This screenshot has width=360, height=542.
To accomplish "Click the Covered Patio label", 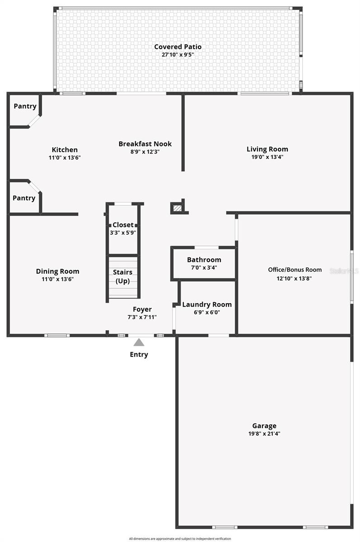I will [x=178, y=47].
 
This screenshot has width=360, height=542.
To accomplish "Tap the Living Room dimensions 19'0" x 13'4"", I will [x=267, y=157].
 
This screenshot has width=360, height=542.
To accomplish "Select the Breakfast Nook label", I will [x=145, y=144].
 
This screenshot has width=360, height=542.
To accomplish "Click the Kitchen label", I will [x=65, y=150].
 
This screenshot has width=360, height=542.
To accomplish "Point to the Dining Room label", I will [x=57, y=271].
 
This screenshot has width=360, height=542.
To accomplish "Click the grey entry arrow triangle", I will [x=139, y=343].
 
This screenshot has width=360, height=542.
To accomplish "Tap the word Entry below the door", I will [x=139, y=354].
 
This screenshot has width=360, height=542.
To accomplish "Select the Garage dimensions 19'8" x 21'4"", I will [x=264, y=434].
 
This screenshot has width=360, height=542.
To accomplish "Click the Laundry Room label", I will [x=207, y=304].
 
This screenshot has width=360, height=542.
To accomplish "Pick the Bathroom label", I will [x=204, y=260].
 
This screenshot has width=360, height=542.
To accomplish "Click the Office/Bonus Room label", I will [x=295, y=270].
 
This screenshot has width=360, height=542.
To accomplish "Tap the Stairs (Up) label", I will [x=123, y=276].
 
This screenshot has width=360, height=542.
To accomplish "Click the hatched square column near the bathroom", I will [x=178, y=208].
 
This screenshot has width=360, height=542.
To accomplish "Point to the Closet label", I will [x=123, y=225].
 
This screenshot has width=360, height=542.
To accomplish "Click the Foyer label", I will [x=142, y=309].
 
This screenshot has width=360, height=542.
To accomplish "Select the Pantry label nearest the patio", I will [x=25, y=106].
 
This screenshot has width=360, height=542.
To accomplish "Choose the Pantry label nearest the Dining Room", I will [x=24, y=198].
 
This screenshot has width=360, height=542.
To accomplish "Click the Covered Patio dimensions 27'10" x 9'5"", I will [x=178, y=55].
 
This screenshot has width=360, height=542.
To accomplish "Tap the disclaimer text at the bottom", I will [x=180, y=538].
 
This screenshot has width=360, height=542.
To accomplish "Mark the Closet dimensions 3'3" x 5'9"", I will [x=123, y=233].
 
